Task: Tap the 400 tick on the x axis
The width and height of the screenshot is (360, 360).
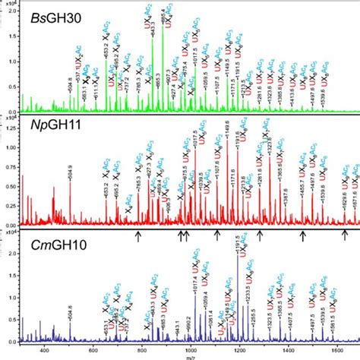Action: click(44, 350)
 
